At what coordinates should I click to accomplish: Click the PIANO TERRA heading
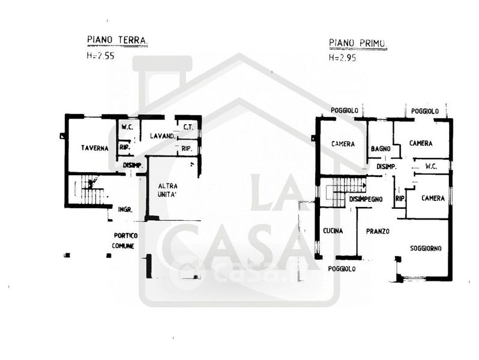click(x=117, y=41)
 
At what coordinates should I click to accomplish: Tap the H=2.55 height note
click(x=100, y=56)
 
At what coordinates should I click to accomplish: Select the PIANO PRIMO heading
click(x=357, y=43)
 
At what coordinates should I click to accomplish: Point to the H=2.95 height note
click(x=342, y=58)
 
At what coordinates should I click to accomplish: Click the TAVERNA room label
click(x=95, y=148)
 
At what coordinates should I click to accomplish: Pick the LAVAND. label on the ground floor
click(x=162, y=136)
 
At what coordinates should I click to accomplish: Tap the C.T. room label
click(x=187, y=127)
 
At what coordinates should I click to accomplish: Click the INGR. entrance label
click(x=125, y=209)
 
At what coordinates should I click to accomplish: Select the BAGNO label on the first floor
click(x=381, y=149)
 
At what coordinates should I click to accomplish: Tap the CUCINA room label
click(x=333, y=231)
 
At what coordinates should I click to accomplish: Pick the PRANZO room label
click(x=378, y=231)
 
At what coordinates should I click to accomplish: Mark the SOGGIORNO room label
click(x=426, y=248)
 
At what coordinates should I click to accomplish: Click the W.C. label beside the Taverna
click(x=127, y=127)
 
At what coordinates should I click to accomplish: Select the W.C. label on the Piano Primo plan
click(x=430, y=166)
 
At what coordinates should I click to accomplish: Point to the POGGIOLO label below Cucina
click(x=342, y=269)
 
